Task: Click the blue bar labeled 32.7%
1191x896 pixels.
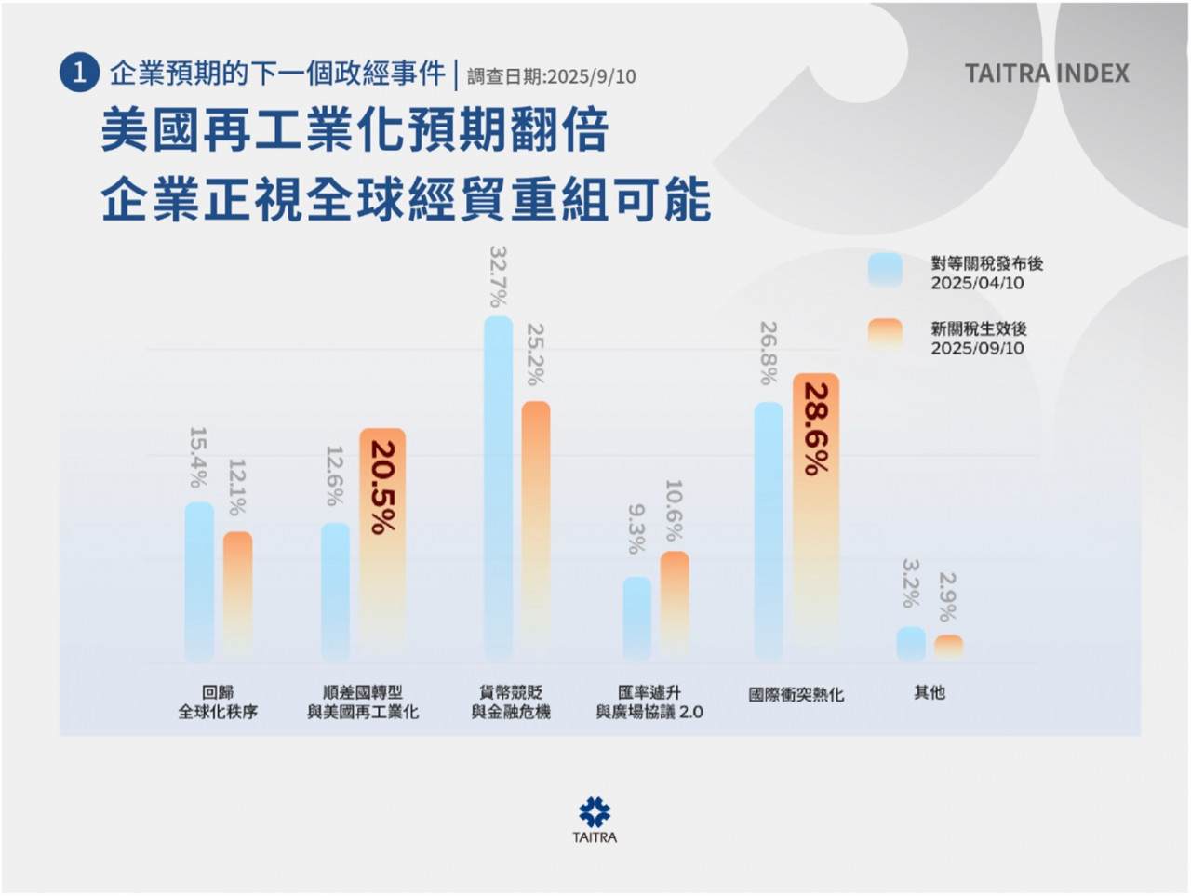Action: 499,488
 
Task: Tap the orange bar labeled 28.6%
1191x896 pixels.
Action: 816,516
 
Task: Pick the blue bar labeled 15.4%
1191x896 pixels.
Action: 199,581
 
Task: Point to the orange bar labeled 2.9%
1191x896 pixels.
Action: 948,647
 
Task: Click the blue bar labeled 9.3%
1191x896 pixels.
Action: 636,618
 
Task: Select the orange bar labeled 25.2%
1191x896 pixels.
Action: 536,530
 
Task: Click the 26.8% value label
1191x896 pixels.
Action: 768,354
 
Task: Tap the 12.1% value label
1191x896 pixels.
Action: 237,488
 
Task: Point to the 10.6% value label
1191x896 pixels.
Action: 675,511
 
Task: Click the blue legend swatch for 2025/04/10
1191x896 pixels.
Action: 885,270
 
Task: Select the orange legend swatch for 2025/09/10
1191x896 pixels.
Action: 885,335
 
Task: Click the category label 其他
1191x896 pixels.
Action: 929,692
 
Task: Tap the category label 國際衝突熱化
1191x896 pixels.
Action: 796,694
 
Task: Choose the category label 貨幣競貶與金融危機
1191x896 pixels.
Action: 511,702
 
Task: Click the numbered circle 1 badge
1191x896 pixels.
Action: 79,74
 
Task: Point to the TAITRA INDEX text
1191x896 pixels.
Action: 1047,74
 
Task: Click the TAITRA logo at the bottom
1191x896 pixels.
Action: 595,819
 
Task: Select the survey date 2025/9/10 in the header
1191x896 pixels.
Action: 552,76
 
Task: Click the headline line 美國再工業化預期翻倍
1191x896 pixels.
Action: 355,130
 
